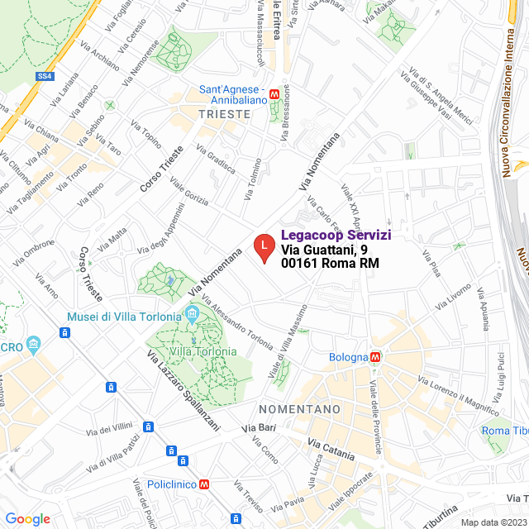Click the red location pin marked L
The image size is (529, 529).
click(263, 247)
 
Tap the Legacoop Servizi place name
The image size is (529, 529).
click(336, 236)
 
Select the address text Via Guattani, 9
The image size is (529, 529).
click(323, 250)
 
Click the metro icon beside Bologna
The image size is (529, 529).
click(375, 357)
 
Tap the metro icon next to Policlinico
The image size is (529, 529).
click(203, 484)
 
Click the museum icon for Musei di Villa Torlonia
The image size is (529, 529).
click(193, 316)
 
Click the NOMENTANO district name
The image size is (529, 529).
click(299, 409)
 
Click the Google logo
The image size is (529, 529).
click(27, 518)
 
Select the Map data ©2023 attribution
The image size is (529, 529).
click(493, 522)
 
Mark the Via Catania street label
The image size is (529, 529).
click(331, 450)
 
